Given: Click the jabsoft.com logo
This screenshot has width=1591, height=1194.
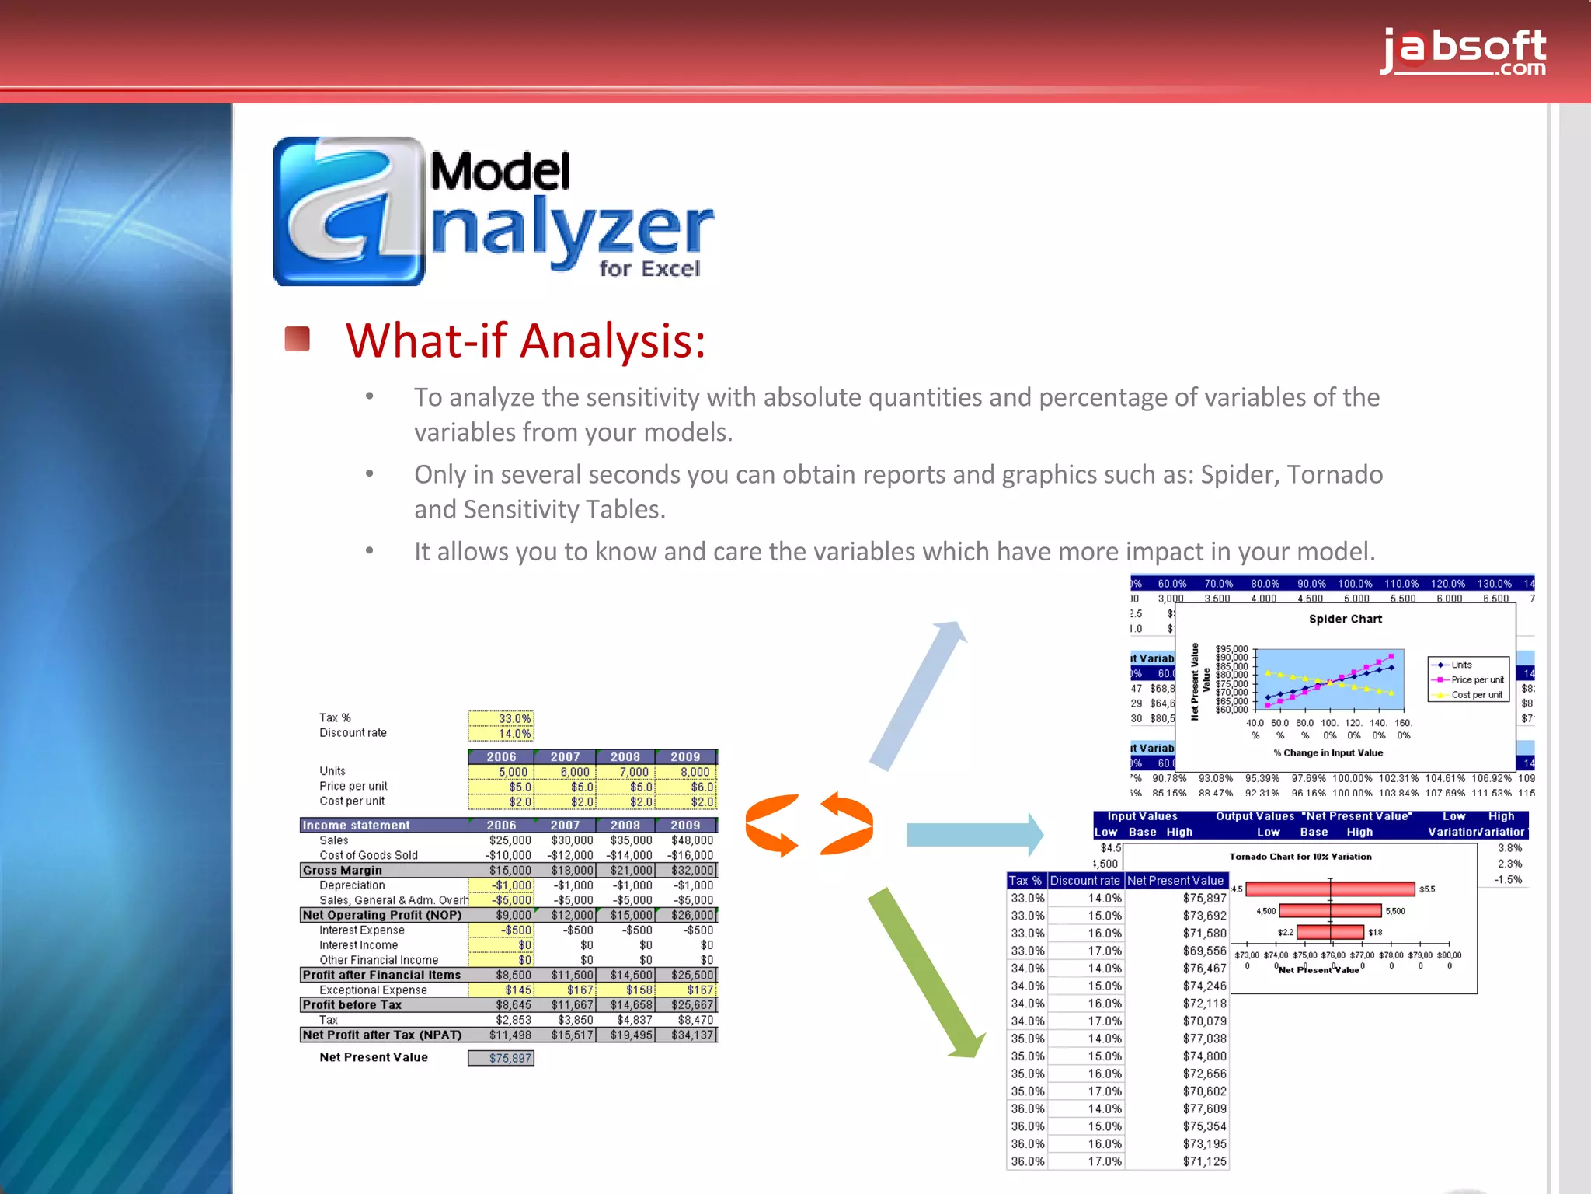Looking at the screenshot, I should (1464, 51).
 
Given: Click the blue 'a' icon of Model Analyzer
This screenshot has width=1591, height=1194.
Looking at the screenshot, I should (349, 211).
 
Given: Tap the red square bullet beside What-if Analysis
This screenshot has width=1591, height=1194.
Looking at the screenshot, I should (298, 340).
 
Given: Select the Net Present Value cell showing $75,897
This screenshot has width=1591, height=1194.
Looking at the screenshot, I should (501, 1058).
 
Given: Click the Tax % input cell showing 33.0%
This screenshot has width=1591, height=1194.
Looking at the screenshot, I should (501, 718).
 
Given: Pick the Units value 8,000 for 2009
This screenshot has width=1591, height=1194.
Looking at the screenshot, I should (686, 772).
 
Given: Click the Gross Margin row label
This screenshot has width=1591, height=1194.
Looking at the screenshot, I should (343, 870).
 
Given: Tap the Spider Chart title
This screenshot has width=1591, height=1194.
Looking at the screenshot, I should (1345, 619).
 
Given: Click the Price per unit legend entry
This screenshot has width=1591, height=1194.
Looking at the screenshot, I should (1476, 679).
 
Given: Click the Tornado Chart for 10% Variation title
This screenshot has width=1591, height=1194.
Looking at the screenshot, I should (1300, 857).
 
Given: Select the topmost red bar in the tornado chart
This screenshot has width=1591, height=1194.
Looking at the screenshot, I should (1329, 889).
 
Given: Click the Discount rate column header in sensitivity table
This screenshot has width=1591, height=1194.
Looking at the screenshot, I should (1084, 881).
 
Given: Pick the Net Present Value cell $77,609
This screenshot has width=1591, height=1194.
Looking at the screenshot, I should (1204, 1108).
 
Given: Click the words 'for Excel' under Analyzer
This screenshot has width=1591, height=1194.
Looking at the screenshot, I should (649, 269).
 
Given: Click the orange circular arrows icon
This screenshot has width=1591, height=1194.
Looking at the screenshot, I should (808, 824).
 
